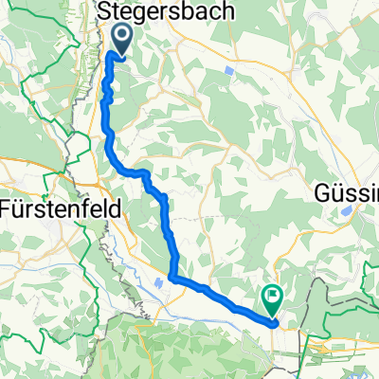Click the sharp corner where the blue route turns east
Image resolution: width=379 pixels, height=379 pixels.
click(172, 277)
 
